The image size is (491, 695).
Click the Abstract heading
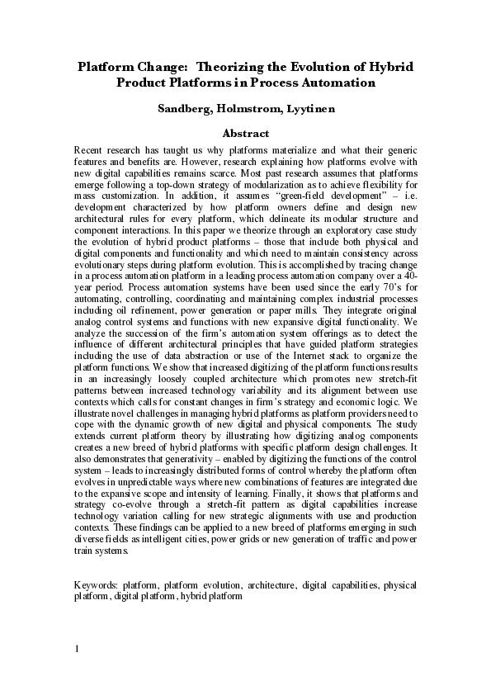click(x=246, y=133)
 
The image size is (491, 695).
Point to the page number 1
click(x=76, y=648)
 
